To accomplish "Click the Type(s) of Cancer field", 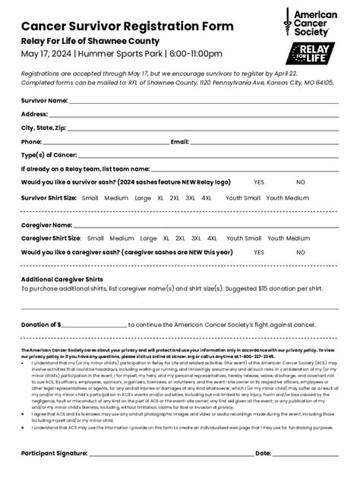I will pyautogui.click(x=206, y=156).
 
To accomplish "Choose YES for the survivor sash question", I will pyautogui.click(x=259, y=183).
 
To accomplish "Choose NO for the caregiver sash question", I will pyautogui.click(x=301, y=252).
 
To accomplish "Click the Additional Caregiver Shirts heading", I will pyautogui.click(x=62, y=278).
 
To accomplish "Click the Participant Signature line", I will pyautogui.click(x=172, y=454).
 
